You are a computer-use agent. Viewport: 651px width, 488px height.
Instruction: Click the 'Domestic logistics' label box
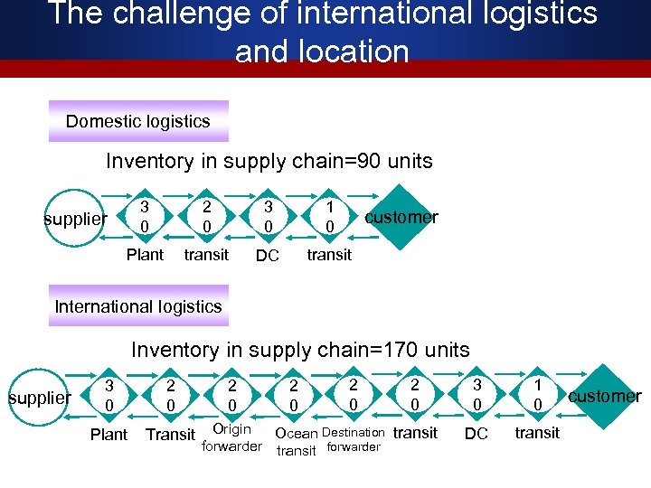[x=138, y=121]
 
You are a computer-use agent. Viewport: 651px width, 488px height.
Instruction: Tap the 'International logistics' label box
[x=138, y=306]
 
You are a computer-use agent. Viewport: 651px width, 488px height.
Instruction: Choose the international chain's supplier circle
[x=40, y=397]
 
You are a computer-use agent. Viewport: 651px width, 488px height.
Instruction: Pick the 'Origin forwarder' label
[x=231, y=436]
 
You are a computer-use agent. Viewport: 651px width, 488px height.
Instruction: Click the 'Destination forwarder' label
[x=353, y=439]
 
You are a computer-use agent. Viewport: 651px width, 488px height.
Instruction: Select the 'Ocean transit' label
[x=296, y=442]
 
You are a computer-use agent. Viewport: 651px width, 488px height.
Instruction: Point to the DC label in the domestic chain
[x=267, y=257]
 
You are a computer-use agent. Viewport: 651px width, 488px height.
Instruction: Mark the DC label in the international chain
[x=476, y=435]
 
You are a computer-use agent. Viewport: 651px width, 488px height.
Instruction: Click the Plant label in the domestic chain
[x=145, y=254]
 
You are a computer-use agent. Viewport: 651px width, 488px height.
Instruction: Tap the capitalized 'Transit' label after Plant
[x=170, y=435]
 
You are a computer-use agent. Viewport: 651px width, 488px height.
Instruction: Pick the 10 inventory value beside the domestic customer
[x=330, y=216]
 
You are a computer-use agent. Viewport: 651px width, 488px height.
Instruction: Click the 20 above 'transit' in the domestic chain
[x=206, y=216]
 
